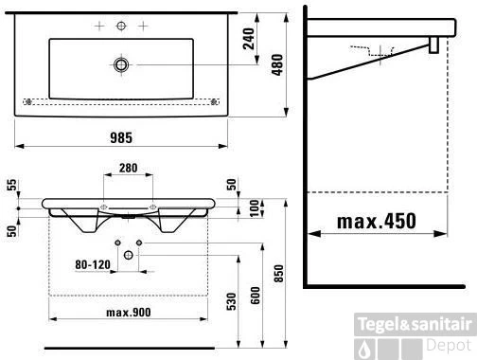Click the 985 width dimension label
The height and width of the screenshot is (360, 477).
pos(121,138)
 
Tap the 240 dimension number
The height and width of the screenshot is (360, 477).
pos(249,39)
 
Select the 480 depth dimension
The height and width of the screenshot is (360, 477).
pos(277,64)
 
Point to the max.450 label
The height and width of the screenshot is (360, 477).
pos(377,221)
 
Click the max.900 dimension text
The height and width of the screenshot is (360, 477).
pos(129,313)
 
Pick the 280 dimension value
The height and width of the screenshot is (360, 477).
pos(129,168)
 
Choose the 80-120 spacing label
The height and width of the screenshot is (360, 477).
pos(93,264)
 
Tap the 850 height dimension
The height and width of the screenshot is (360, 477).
pos(279,274)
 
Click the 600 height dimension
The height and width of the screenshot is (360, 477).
pos(256,296)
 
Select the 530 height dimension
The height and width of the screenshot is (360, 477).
pos(231,301)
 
